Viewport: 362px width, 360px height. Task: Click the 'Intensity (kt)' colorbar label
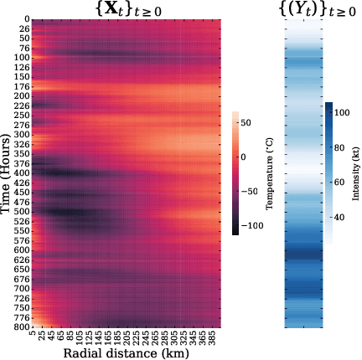(x=355, y=172)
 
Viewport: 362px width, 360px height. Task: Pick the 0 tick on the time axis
(x=26, y=18)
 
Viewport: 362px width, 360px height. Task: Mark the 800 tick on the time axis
(x=23, y=327)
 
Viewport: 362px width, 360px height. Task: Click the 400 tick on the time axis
(x=23, y=173)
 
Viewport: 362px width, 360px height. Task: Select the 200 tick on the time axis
(x=23, y=95)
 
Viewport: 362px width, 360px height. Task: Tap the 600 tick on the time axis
(x=23, y=250)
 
